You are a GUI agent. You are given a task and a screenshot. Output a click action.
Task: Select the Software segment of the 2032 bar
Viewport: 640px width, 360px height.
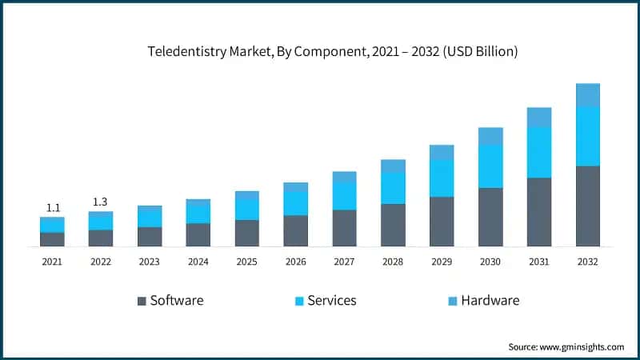tap(588, 206)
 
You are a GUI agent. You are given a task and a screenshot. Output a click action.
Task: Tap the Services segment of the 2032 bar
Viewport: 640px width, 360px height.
tap(588, 136)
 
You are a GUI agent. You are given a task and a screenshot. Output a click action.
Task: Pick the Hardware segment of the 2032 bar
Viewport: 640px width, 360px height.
tap(588, 94)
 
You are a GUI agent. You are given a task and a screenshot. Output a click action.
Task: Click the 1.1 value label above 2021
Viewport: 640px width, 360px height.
tap(52, 206)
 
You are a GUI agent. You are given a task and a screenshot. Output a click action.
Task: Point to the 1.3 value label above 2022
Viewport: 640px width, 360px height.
tap(100, 201)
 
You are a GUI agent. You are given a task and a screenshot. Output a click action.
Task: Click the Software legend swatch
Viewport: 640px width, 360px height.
tap(142, 301)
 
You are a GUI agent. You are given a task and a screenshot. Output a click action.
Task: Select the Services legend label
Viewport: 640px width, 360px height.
tap(332, 301)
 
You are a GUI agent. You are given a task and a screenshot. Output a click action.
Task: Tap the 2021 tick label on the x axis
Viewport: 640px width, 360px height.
tap(52, 261)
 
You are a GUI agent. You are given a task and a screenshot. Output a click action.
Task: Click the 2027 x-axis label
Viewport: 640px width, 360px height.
tap(344, 261)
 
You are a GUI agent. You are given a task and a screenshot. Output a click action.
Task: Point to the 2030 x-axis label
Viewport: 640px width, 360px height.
tap(490, 261)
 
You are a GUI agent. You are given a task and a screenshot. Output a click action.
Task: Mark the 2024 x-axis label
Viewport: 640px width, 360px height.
tap(198, 261)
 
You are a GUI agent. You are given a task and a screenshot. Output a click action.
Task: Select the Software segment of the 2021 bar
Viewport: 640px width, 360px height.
tap(52, 239)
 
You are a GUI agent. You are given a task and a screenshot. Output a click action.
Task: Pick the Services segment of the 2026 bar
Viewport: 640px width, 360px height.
tap(295, 203)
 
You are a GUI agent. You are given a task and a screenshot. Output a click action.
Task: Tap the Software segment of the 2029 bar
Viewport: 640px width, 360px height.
tap(442, 221)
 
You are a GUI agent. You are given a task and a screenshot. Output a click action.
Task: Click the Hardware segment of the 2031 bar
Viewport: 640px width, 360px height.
tap(539, 117)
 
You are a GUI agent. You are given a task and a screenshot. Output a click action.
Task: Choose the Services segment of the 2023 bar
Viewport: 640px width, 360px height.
tap(150, 217)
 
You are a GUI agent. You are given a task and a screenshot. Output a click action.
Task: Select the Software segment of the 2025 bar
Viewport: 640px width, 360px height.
tap(247, 233)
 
